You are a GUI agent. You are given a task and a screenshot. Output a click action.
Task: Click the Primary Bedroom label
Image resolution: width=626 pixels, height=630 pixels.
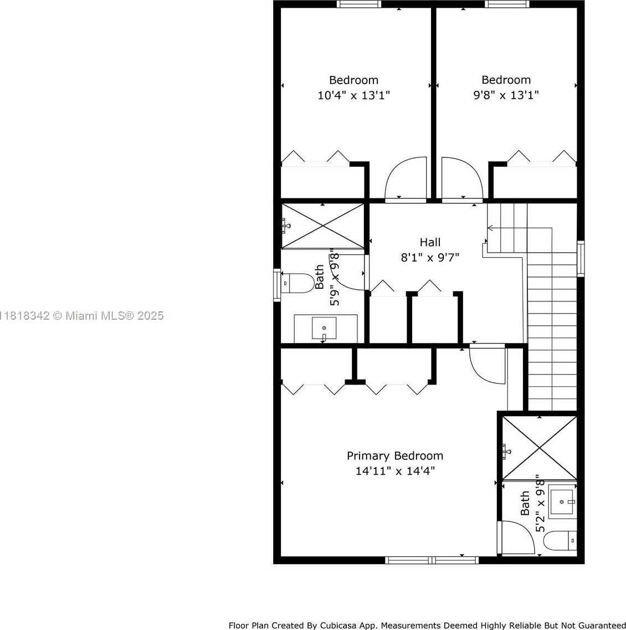tap(395, 456)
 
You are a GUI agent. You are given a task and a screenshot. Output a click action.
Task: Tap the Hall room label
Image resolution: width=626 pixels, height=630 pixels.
tap(430, 242)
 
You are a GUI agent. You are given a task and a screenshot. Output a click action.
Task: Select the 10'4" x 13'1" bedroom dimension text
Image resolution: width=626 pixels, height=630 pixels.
tap(353, 96)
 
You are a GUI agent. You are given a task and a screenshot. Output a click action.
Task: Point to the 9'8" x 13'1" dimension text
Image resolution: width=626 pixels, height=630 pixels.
tap(506, 95)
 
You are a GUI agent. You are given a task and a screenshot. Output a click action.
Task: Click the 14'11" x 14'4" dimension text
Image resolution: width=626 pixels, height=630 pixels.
tap(395, 471)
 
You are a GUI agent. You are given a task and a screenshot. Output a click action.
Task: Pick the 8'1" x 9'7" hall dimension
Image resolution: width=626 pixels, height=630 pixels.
tap(430, 258)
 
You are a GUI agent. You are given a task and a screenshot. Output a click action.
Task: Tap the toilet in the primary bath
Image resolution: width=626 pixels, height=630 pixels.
tap(560, 540)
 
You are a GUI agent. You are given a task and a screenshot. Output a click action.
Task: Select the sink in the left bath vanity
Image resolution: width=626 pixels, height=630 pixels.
tap(324, 328)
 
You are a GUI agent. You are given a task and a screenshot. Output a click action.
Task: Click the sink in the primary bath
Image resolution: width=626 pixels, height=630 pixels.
tap(562, 502)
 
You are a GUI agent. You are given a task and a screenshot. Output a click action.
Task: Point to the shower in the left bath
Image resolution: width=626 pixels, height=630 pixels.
tap(322, 226)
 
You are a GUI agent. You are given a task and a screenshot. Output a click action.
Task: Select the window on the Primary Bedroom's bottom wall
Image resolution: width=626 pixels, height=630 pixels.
tap(432, 560)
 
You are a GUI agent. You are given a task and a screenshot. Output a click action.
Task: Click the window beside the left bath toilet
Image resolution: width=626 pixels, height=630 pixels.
tap(277, 285)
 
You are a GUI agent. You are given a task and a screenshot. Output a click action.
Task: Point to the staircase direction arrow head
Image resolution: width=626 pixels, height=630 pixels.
tap(489, 228)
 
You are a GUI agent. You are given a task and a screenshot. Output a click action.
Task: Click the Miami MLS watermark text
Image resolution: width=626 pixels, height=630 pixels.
tap(82, 316)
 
